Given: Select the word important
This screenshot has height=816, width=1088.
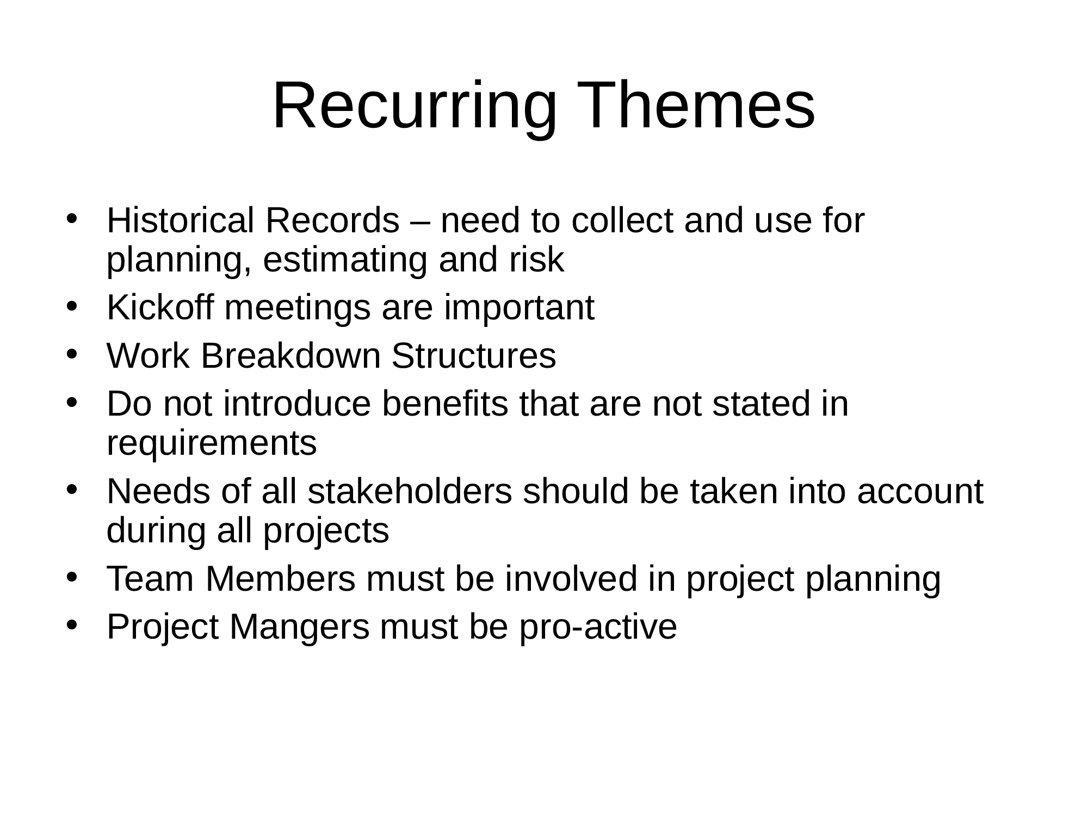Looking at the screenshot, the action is pos(519,308).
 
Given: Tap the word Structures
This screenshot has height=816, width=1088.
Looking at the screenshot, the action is pos(473,356).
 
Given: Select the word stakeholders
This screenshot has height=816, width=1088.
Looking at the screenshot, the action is pos(410,491).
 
